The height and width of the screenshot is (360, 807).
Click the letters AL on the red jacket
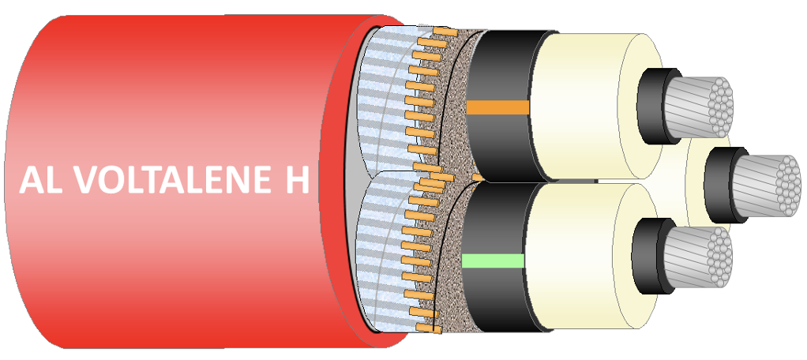tap(42, 180)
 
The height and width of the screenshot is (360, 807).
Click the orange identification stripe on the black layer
tap(497, 107)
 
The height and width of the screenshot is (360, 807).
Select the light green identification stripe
tap(493, 261)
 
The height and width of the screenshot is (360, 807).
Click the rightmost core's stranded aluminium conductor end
tap(768, 186)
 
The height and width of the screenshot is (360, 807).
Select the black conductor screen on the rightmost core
tap(720, 186)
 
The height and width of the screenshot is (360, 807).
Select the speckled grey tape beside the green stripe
tap(447, 268)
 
